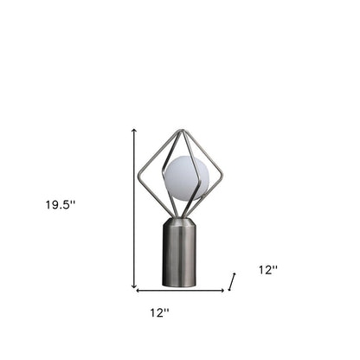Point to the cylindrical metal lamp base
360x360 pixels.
182,251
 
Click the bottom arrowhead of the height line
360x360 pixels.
134,286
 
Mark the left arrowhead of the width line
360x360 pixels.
138,289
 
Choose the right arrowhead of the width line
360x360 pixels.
223,289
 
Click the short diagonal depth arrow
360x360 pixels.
232,280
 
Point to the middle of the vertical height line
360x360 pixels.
134,208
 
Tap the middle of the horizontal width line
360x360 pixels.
181,289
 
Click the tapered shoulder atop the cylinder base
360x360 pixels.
182,221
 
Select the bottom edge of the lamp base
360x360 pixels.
182,285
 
